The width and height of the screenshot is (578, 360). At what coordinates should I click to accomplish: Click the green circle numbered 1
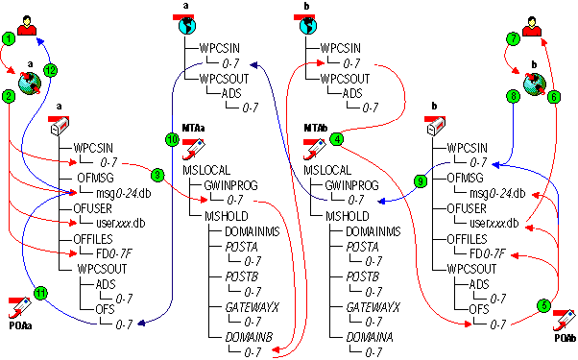[x=10, y=39]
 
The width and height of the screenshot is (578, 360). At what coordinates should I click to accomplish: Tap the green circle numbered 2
[x=10, y=97]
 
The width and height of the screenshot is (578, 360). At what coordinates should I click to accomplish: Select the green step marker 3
[x=157, y=174]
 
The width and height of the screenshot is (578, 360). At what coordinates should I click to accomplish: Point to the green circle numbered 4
[x=336, y=139]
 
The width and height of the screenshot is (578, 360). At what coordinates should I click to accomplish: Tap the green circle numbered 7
[x=514, y=39]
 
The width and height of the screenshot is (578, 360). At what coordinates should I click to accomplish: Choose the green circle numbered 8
[x=514, y=96]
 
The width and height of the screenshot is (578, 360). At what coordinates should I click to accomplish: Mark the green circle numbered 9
[x=419, y=180]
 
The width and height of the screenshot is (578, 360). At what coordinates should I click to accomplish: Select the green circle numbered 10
[x=173, y=139]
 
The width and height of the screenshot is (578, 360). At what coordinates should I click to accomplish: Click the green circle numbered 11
[x=40, y=293]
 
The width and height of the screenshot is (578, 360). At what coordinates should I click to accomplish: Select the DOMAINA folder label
[x=370, y=338]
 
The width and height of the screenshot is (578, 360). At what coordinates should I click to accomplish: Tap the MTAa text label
[x=193, y=127]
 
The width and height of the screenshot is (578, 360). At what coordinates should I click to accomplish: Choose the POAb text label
[x=564, y=339]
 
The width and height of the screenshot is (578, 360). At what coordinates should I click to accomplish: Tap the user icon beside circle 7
[x=531, y=20]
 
